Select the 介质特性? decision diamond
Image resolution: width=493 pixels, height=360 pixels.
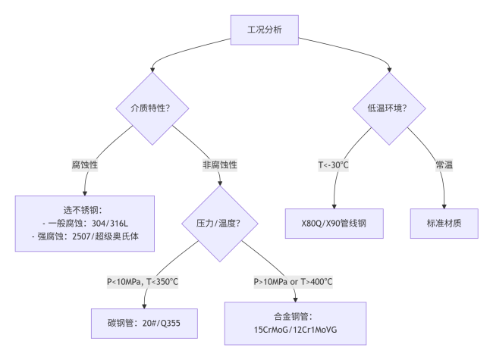pyautogui.click(x=145, y=108)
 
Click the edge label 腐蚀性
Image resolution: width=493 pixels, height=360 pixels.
pyautogui.click(x=85, y=164)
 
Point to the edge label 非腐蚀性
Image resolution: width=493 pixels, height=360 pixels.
pyautogui.click(x=219, y=164)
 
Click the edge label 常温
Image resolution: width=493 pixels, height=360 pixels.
pyautogui.click(x=444, y=164)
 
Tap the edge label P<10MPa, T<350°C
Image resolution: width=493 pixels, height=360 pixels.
pyautogui.click(x=143, y=281)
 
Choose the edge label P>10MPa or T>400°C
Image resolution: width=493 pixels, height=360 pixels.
pyautogui.click(x=293, y=281)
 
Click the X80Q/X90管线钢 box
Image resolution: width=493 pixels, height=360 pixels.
pyautogui.click(x=334, y=224)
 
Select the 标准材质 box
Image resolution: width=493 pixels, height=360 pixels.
pyautogui.click(x=444, y=224)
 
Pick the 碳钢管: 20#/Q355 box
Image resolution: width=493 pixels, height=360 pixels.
pyautogui.click(x=143, y=323)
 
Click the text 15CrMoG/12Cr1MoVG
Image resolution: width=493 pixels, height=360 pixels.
pyautogui.click(x=295, y=330)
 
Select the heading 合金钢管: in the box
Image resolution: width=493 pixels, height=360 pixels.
pyautogui.click(x=295, y=316)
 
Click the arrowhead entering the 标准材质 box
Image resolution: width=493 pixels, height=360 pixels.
pyautogui.click(x=444, y=205)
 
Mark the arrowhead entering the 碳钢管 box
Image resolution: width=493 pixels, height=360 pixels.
pyautogui.click(x=143, y=305)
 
